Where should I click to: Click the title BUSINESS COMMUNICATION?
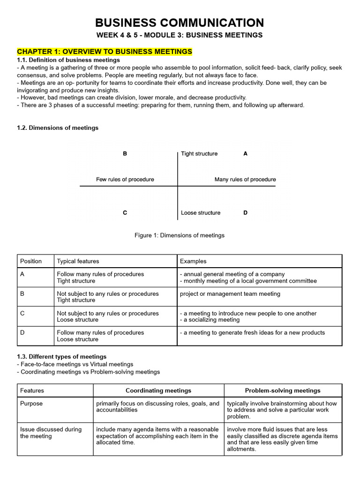coord(180,22)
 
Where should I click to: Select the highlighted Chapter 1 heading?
coord(104,51)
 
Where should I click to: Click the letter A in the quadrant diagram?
coord(245,153)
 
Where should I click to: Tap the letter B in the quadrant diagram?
coord(125,153)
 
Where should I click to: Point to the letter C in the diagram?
coord(125,212)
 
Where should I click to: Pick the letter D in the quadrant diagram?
coord(245,212)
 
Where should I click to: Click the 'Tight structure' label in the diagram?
coord(199,153)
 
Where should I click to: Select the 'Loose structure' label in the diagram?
coord(201,212)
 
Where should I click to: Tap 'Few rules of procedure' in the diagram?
coord(125,179)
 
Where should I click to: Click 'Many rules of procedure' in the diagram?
coord(245,179)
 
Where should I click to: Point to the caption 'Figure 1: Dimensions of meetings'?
coord(180,235)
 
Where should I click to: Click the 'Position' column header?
coord(31,261)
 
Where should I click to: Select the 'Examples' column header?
coord(193,261)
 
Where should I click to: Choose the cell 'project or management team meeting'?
coord(230,294)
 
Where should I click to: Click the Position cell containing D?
coord(22,333)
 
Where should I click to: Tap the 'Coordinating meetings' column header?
coord(158,390)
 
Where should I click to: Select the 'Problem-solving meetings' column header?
coord(283,390)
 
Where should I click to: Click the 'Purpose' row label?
coord(31,403)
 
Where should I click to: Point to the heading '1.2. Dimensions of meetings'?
coord(58,127)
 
